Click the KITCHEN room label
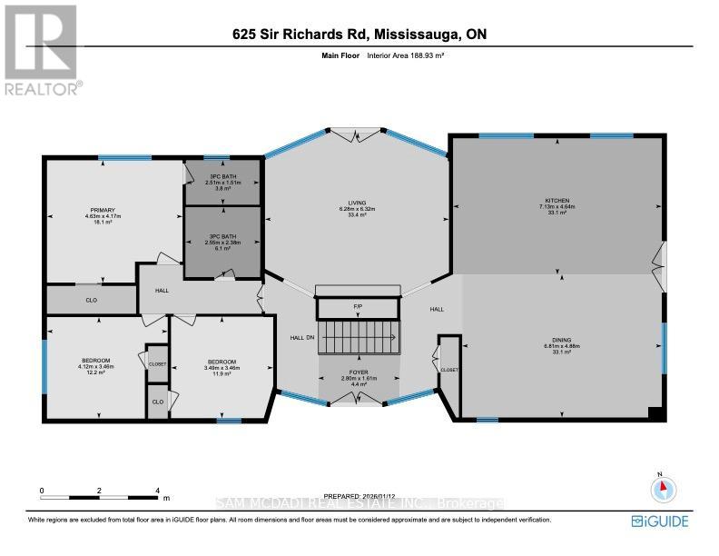[556, 203]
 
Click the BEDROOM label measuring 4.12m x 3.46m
[95, 366]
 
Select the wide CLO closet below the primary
[92, 298]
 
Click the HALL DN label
[302, 337]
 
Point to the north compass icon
[665, 487]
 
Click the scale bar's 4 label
[157, 490]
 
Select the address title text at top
[359, 35]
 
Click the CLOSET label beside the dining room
[448, 370]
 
